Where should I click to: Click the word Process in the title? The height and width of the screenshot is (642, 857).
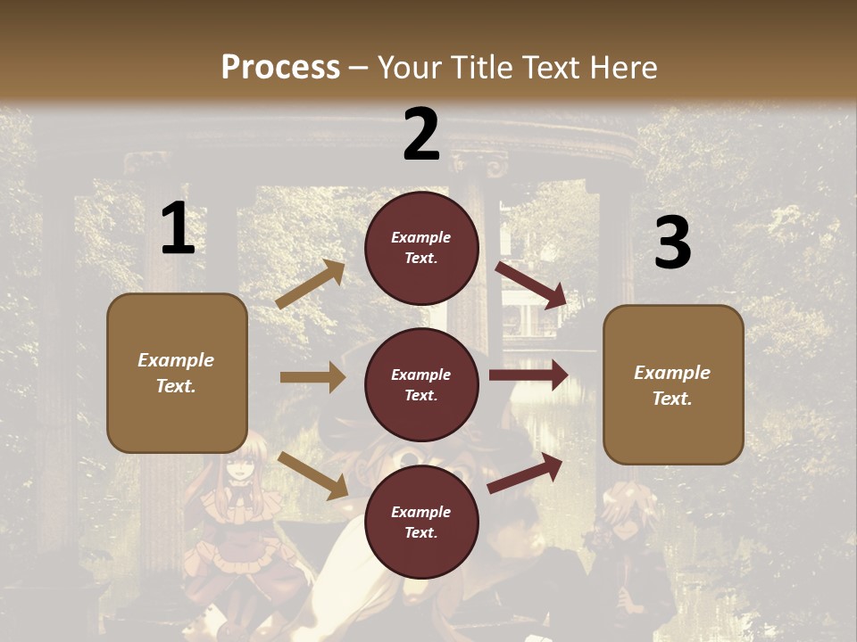pos(280,67)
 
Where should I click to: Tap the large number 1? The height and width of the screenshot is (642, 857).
pos(178,229)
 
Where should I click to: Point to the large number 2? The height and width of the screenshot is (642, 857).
pos(421,135)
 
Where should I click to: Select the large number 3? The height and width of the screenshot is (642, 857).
pos(672,243)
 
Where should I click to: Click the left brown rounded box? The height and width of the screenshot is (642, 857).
pos(177,373)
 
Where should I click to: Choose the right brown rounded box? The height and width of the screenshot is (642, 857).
pos(673,385)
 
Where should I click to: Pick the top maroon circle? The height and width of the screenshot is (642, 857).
pos(421,248)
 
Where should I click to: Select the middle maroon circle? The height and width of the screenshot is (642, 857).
pos(421,384)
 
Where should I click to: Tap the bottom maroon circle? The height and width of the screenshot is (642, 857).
pos(421,522)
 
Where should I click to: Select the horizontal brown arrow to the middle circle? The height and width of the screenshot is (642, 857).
pos(312,377)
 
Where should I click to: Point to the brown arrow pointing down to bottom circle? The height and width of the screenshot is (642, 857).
pos(312,474)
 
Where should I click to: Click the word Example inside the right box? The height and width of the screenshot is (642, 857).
pos(672,373)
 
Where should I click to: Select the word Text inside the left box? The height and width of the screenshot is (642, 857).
pos(176,386)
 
